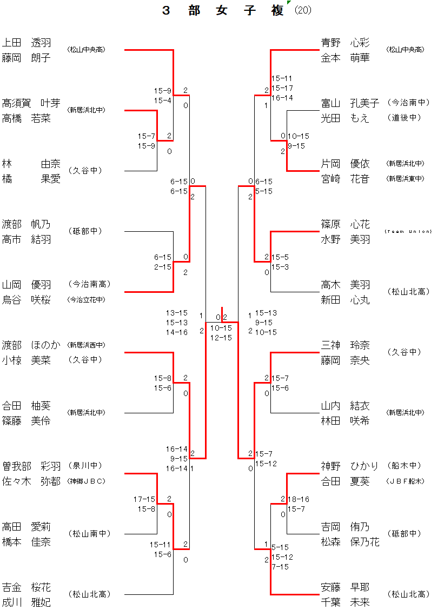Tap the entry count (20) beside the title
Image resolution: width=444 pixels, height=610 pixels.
pyautogui.click(x=303, y=11)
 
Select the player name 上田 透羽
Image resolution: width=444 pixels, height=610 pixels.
pyautogui.click(x=26, y=43)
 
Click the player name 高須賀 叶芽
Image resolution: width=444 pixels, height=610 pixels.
pyautogui.click(x=31, y=103)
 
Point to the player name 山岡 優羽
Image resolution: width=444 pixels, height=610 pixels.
pyautogui.click(x=26, y=285)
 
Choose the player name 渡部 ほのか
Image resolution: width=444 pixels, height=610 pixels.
pyautogui.click(x=31, y=345)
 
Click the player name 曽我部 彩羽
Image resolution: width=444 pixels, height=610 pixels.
pyautogui.click(x=31, y=466)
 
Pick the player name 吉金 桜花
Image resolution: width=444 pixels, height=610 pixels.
pyautogui.click(x=26, y=587)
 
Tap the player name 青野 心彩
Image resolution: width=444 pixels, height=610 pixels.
pyautogui.click(x=346, y=43)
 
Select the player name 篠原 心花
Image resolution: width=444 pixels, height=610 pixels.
pyautogui.click(x=346, y=224)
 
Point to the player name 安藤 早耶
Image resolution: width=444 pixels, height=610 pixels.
pyautogui.click(x=346, y=587)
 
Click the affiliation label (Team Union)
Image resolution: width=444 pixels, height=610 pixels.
pyautogui.click(x=408, y=231)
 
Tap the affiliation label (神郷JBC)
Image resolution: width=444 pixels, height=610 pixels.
pyautogui.click(x=86, y=481)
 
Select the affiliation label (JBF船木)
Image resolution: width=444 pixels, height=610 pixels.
pyautogui.click(x=406, y=481)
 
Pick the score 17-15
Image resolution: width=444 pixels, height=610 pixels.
pyautogui.click(x=144, y=499)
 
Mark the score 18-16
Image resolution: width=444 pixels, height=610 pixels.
pyautogui.click(x=299, y=499)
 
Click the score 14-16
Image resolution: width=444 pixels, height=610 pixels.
pyautogui.click(x=177, y=332)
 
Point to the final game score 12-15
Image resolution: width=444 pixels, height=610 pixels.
pyautogui.click(x=221, y=338)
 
